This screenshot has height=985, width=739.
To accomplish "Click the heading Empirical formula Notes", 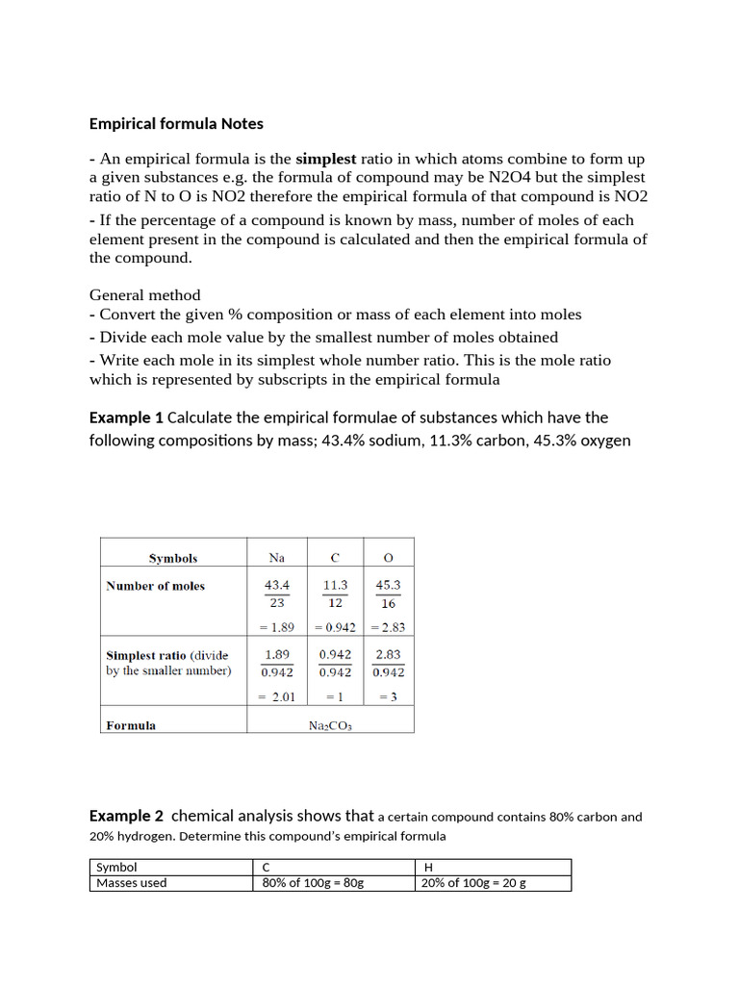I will click(x=176, y=124).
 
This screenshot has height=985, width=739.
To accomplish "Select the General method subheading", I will click(x=145, y=295).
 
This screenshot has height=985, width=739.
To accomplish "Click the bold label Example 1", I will click(x=126, y=417).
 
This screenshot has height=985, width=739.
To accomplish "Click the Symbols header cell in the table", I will click(x=173, y=558).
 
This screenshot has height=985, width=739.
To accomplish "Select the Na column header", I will click(x=277, y=558).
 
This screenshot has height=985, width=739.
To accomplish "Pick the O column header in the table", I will click(x=389, y=558).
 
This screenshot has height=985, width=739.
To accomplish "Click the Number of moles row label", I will click(x=155, y=586).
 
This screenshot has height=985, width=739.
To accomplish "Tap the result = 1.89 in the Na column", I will click(x=277, y=627).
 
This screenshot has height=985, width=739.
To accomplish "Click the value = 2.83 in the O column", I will click(x=389, y=627).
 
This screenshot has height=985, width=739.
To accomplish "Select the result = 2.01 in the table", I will click(x=277, y=696).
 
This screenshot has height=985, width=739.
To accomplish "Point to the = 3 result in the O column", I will click(x=389, y=696).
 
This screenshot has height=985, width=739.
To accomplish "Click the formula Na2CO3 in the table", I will click(x=330, y=726).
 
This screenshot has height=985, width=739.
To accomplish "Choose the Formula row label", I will click(x=131, y=725).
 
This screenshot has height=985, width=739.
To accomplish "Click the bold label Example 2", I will click(x=127, y=817).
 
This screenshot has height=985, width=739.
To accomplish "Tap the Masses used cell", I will click(x=132, y=883).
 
